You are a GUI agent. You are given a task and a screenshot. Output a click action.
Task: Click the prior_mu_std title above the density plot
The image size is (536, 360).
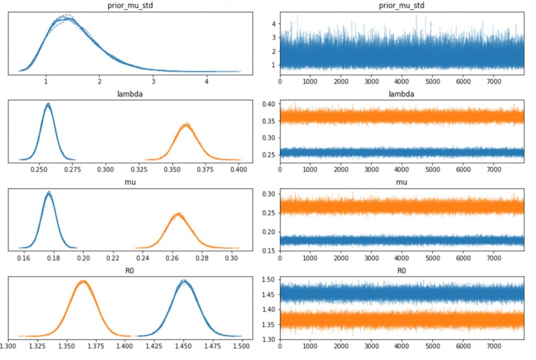coord(130,5)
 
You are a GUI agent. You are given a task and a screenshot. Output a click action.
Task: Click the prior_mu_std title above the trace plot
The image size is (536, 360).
coord(401,5)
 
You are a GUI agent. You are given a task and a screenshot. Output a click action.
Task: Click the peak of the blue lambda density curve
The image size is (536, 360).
coord(48,104)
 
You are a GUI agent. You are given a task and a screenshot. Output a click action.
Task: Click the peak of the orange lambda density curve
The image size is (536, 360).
coord(186,124)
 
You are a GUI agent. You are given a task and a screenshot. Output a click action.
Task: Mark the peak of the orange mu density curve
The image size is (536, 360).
coord(178,213)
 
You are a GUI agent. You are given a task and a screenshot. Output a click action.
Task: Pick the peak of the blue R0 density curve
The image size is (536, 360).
coord(184,281)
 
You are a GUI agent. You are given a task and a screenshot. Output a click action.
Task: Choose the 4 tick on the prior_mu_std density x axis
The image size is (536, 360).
coord(207,81)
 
